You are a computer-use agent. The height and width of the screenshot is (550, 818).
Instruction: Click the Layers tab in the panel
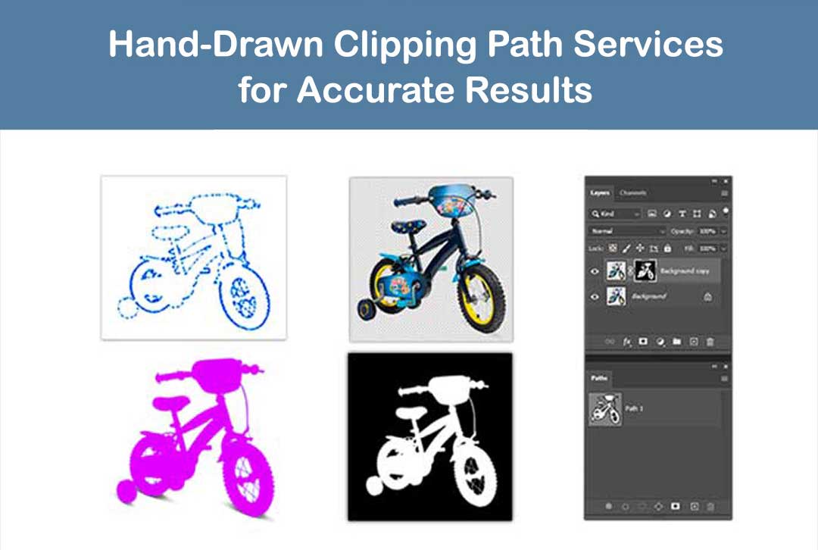[x=600, y=193]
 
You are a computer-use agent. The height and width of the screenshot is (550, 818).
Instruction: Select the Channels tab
[x=632, y=193]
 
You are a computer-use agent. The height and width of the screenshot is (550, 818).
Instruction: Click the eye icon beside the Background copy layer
[x=595, y=271]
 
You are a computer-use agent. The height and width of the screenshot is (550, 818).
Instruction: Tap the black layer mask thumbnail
[x=645, y=270]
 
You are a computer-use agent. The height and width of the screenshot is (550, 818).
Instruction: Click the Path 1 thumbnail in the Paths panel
[x=605, y=408]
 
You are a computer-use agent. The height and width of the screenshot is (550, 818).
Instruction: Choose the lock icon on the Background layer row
[x=707, y=297]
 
